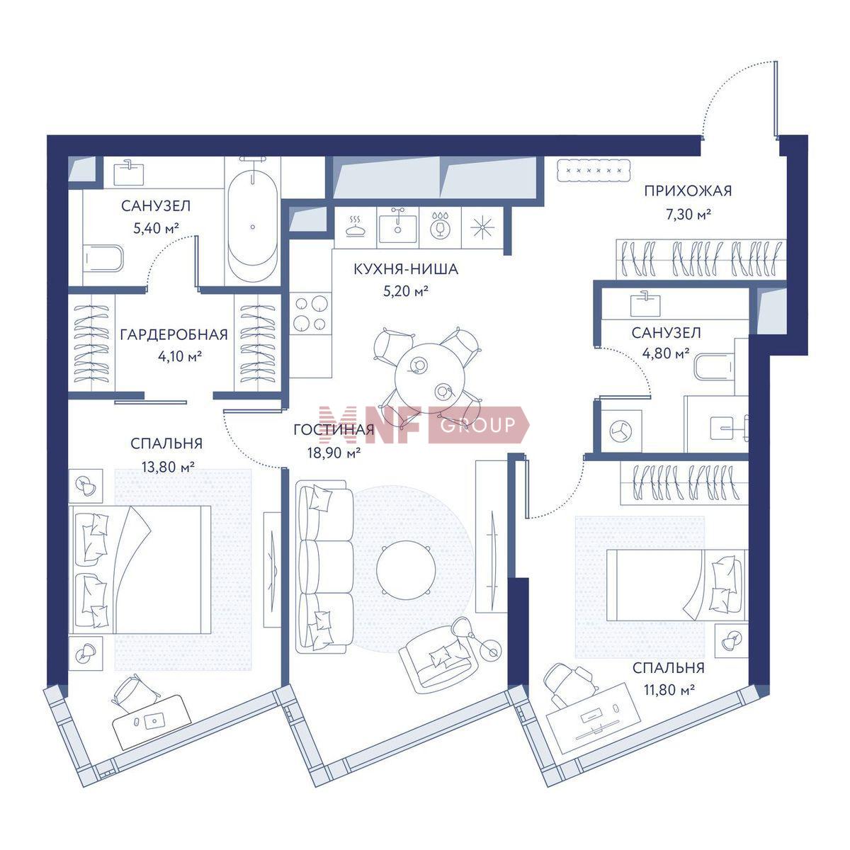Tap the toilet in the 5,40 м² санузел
tap(103, 259)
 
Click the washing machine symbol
tap(620, 431)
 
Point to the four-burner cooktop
tap(311, 314)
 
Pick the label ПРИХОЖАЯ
tap(688, 191)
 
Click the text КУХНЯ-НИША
tap(406, 269)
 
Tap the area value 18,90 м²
tap(334, 452)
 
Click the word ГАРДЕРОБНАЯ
tap(174, 334)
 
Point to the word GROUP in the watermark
tap(477, 424)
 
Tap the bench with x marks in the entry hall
tap(594, 170)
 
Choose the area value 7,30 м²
tap(688, 215)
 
